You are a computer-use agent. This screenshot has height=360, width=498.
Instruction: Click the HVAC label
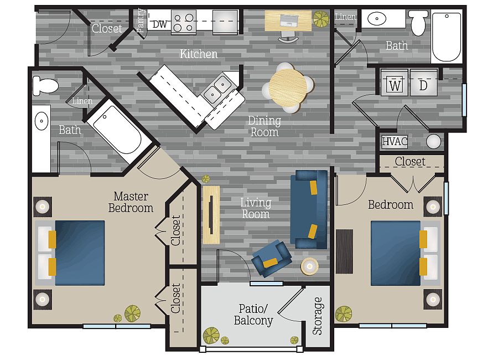(395, 141)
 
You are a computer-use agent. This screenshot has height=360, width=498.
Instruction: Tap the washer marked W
(394, 83)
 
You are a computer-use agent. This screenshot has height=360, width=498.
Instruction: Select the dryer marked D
(424, 83)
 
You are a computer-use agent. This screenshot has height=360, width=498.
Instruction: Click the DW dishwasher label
(160, 24)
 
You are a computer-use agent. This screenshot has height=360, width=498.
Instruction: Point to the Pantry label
(141, 20)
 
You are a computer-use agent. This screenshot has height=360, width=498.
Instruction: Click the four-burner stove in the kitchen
(184, 22)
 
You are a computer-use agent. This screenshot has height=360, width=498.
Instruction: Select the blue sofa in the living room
(309, 209)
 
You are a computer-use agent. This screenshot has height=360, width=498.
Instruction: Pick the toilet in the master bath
(45, 85)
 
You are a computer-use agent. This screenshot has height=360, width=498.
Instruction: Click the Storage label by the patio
(317, 316)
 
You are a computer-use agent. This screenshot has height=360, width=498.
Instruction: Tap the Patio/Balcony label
(253, 315)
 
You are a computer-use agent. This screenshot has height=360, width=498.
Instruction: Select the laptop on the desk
(289, 20)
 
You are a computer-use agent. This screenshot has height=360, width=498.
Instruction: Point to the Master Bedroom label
(131, 202)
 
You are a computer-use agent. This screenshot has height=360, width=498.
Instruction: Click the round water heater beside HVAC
(433, 142)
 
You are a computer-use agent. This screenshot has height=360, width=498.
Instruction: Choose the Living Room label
(256, 208)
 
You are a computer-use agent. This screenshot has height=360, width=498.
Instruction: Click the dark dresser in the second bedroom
(345, 251)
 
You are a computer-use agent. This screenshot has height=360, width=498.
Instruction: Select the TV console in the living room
(211, 215)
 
